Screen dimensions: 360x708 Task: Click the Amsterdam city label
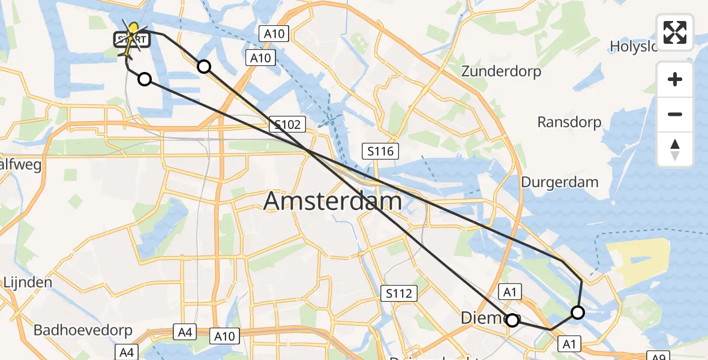coord(332,201)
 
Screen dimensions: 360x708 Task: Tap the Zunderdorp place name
coord(501,71)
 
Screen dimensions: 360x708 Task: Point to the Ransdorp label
coord(569,122)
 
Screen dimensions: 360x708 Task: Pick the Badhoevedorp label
coord(79,330)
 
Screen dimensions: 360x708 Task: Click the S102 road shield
coord(287,124)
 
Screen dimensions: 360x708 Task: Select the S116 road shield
coord(381,151)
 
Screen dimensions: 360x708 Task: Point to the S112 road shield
coord(398,293)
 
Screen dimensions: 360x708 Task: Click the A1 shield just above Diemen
coord(510,292)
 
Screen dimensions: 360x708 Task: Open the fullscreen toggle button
coord(675,32)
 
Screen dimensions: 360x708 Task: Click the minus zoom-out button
coord(675,114)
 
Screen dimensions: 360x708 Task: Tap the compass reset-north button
coord(675,149)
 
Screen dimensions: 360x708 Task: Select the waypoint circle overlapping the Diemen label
coord(512,320)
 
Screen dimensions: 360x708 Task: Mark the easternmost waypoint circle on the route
coord(578,312)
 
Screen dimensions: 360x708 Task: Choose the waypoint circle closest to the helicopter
coord(145,79)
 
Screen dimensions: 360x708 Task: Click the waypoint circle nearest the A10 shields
coord(204,67)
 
